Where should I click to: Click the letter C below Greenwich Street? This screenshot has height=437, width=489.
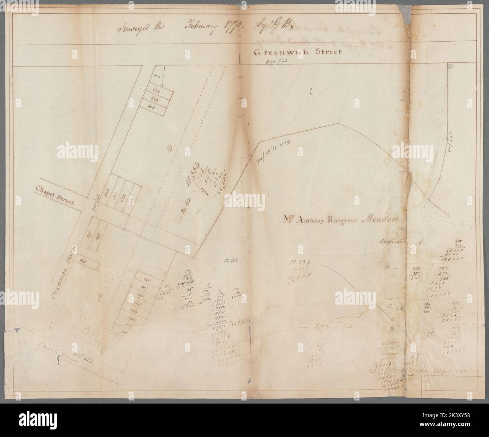(x=311, y=91)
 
